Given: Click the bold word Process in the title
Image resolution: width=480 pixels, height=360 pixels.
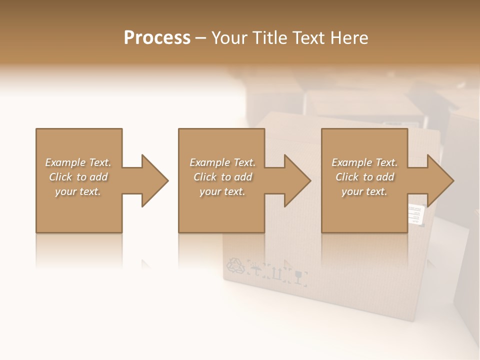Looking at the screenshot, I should (x=157, y=38).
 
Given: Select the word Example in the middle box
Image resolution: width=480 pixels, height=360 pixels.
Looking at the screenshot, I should (x=209, y=162).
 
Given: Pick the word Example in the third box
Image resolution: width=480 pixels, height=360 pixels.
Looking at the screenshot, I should (x=351, y=162).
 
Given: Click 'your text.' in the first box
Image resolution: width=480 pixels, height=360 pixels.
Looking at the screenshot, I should (x=78, y=191).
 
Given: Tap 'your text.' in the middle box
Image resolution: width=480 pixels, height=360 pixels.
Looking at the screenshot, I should (x=222, y=191).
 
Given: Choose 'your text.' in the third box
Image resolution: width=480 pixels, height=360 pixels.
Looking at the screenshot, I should (x=364, y=191).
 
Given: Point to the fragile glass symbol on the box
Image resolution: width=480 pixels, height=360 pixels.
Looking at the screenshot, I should (x=299, y=276).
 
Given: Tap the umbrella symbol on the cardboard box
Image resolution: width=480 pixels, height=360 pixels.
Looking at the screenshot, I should (x=256, y=271).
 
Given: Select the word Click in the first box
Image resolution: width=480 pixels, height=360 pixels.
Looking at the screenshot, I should (x=60, y=177).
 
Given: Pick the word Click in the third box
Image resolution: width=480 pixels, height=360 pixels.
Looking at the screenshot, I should (x=347, y=177).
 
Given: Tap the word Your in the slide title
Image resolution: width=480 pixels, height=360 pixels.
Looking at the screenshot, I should (x=229, y=38).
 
